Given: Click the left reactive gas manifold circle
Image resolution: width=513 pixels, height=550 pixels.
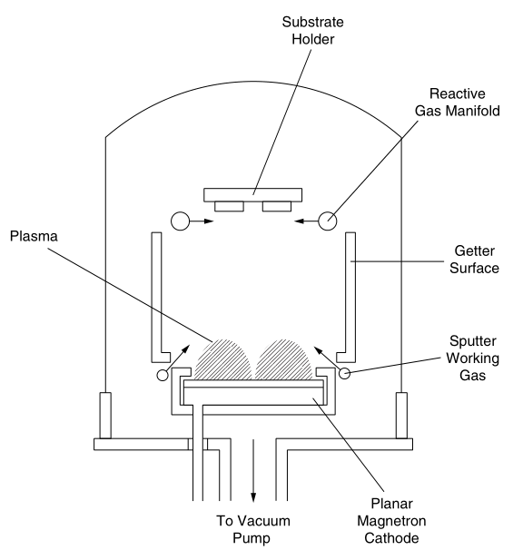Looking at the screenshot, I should (181, 221).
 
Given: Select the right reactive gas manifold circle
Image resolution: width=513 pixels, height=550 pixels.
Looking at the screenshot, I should (327, 221).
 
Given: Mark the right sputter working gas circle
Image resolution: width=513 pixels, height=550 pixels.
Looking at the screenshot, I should (345, 374).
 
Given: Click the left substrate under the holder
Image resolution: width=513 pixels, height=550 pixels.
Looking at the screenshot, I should (229, 207).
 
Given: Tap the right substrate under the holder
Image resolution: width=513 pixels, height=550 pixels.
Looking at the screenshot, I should (277, 207).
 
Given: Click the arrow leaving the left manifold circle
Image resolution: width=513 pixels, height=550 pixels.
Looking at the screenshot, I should (203, 221).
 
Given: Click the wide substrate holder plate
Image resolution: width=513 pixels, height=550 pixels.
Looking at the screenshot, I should (253, 195).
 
